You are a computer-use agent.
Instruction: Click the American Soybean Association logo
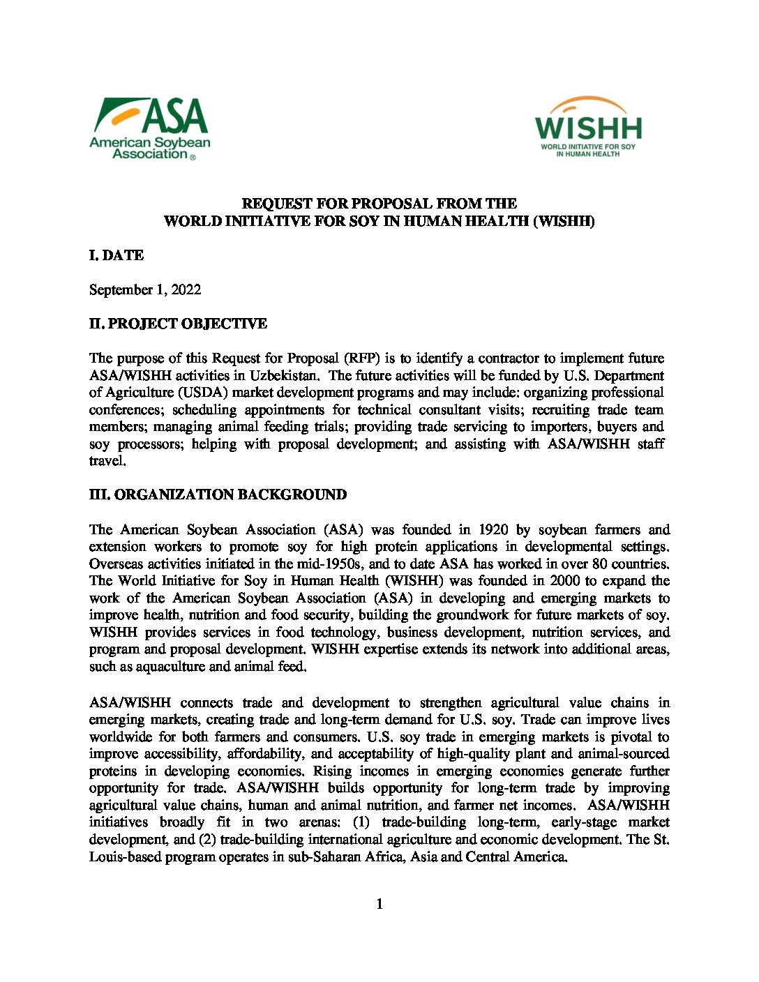149,128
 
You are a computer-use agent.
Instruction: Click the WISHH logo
588,127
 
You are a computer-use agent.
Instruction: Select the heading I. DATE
117,255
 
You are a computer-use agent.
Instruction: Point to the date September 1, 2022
145,289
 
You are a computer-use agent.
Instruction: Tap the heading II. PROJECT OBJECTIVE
178,324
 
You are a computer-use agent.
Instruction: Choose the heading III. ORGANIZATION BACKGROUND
218,494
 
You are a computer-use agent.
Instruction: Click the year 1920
493,529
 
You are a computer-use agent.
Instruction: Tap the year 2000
564,580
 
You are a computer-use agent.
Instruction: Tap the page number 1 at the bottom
379,905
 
